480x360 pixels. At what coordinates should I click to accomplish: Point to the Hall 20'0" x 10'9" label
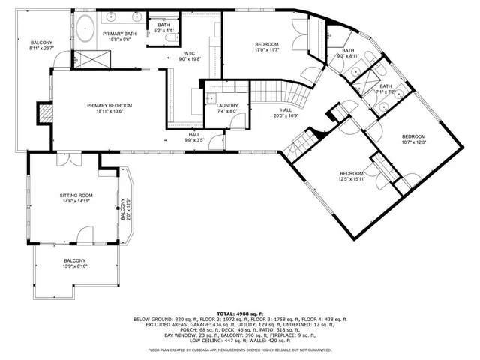(x=285, y=113)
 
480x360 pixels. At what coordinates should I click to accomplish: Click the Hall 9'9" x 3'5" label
(x=194, y=137)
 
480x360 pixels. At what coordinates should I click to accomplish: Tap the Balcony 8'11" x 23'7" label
(x=41, y=46)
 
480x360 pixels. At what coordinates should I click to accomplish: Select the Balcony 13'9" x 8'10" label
(x=75, y=263)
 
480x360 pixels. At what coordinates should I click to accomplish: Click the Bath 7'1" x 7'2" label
(x=385, y=89)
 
